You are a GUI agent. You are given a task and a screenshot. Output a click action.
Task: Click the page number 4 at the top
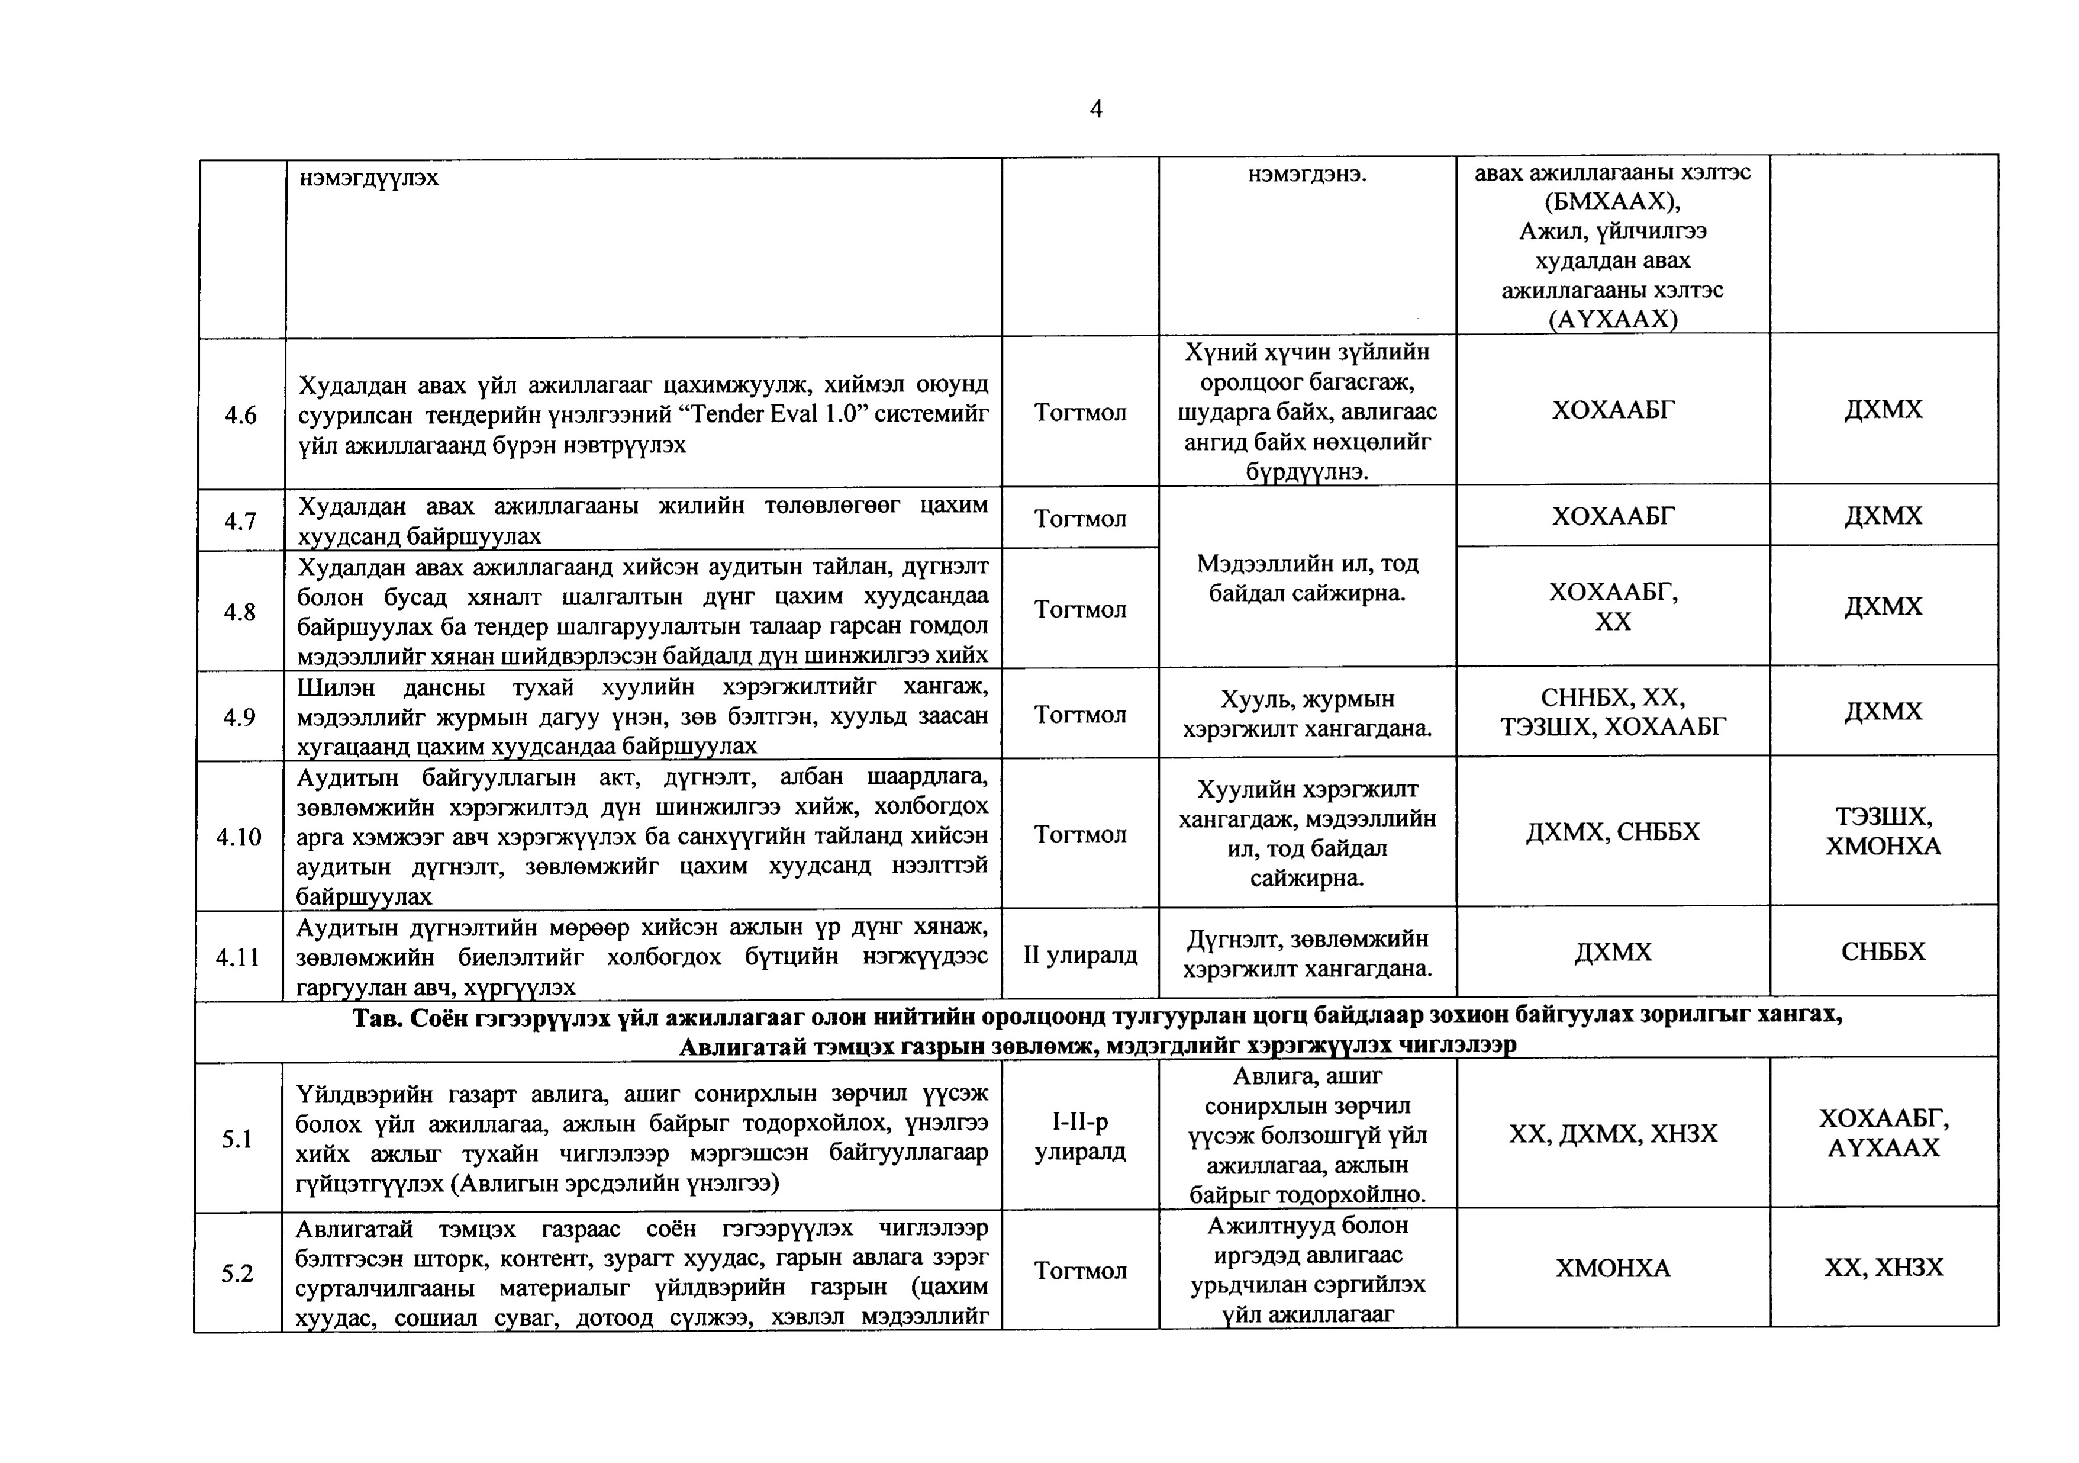[x=1095, y=110]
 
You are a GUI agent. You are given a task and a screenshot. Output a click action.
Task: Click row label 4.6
[x=241, y=415]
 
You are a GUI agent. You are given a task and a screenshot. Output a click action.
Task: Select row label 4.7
[x=241, y=521]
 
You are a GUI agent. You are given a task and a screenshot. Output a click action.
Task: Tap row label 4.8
[x=241, y=612]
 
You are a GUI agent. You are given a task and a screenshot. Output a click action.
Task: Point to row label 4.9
[x=241, y=716]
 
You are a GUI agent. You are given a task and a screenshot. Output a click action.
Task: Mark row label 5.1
[x=237, y=1139]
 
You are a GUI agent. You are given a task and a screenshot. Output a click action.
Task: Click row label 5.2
[x=237, y=1273]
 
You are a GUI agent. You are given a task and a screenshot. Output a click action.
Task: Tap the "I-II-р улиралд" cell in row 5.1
[x=1080, y=1137]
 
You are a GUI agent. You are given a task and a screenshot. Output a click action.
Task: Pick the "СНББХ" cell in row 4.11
[x=1884, y=951]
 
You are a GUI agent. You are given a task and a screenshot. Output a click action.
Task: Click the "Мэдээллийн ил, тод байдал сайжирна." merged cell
[x=1307, y=578]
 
